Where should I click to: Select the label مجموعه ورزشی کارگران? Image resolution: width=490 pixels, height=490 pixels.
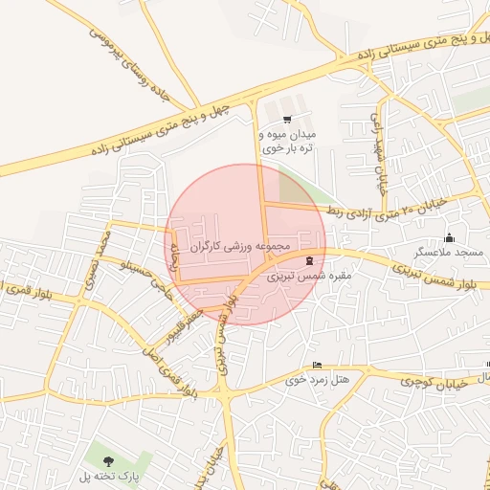click(246, 246)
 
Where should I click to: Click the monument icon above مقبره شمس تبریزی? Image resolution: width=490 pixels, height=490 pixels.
click(308, 260)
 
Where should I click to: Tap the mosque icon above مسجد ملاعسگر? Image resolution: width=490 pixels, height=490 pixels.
click(450, 238)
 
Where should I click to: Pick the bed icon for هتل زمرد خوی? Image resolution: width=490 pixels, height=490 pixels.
click(317, 366)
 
